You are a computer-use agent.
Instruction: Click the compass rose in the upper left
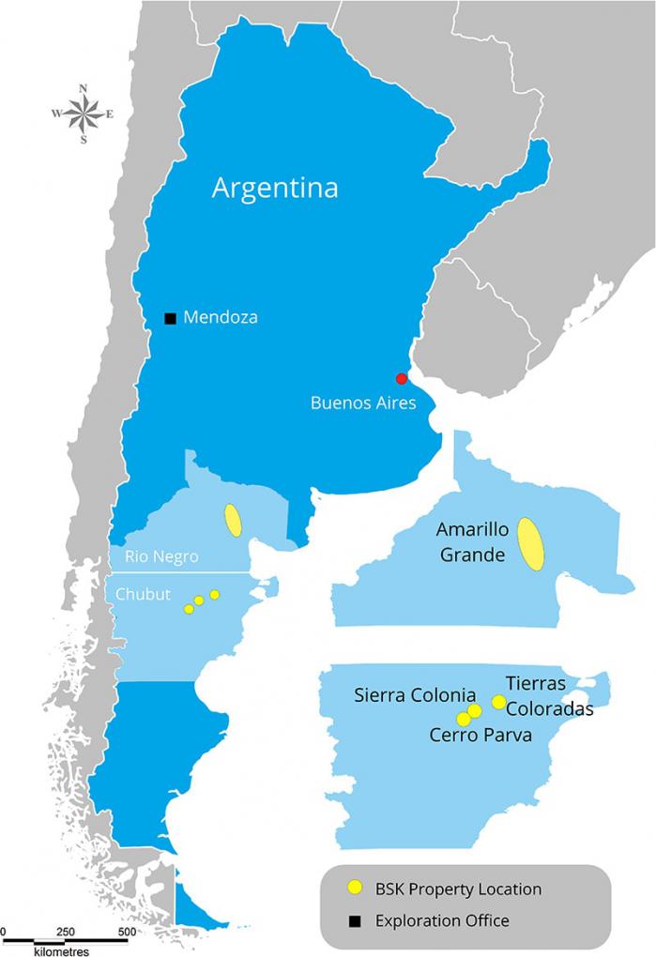tap(83, 114)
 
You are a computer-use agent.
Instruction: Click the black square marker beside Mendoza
tap(170, 318)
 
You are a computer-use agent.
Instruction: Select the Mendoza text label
tap(221, 318)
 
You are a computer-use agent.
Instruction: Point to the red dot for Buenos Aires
tap(402, 379)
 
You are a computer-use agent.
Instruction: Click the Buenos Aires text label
tap(357, 403)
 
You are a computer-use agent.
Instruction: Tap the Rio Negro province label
tap(155, 556)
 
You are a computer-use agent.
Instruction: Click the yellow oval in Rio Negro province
tap(233, 520)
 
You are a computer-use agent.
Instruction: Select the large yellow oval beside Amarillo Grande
tap(532, 544)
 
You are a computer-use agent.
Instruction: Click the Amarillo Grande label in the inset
tap(473, 542)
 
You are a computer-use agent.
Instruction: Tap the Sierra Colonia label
tap(415, 695)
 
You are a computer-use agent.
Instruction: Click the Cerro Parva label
tap(481, 736)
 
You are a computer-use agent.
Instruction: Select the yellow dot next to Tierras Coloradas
tap(499, 703)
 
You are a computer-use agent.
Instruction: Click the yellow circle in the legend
tap(354, 888)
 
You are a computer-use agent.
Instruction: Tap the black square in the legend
tap(354, 921)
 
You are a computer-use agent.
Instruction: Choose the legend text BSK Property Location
tap(458, 889)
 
